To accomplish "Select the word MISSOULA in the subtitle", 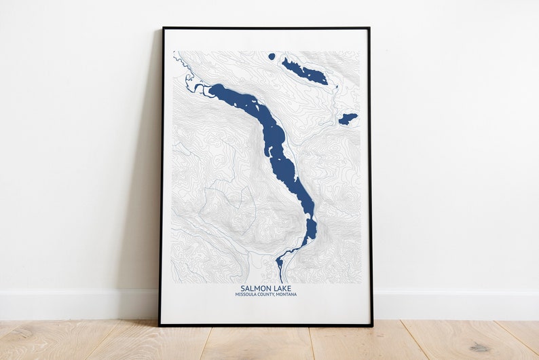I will pos(247,295).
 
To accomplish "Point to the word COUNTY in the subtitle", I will pos(269,295).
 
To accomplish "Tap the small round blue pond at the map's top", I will pos(272,56).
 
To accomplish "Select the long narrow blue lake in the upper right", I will pos(305,72).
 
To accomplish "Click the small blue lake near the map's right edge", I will pos(348,119).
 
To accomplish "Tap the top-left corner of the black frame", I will pos(163,29).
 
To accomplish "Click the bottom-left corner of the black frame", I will pos(160,325).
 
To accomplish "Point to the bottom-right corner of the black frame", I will pos(372,325).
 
